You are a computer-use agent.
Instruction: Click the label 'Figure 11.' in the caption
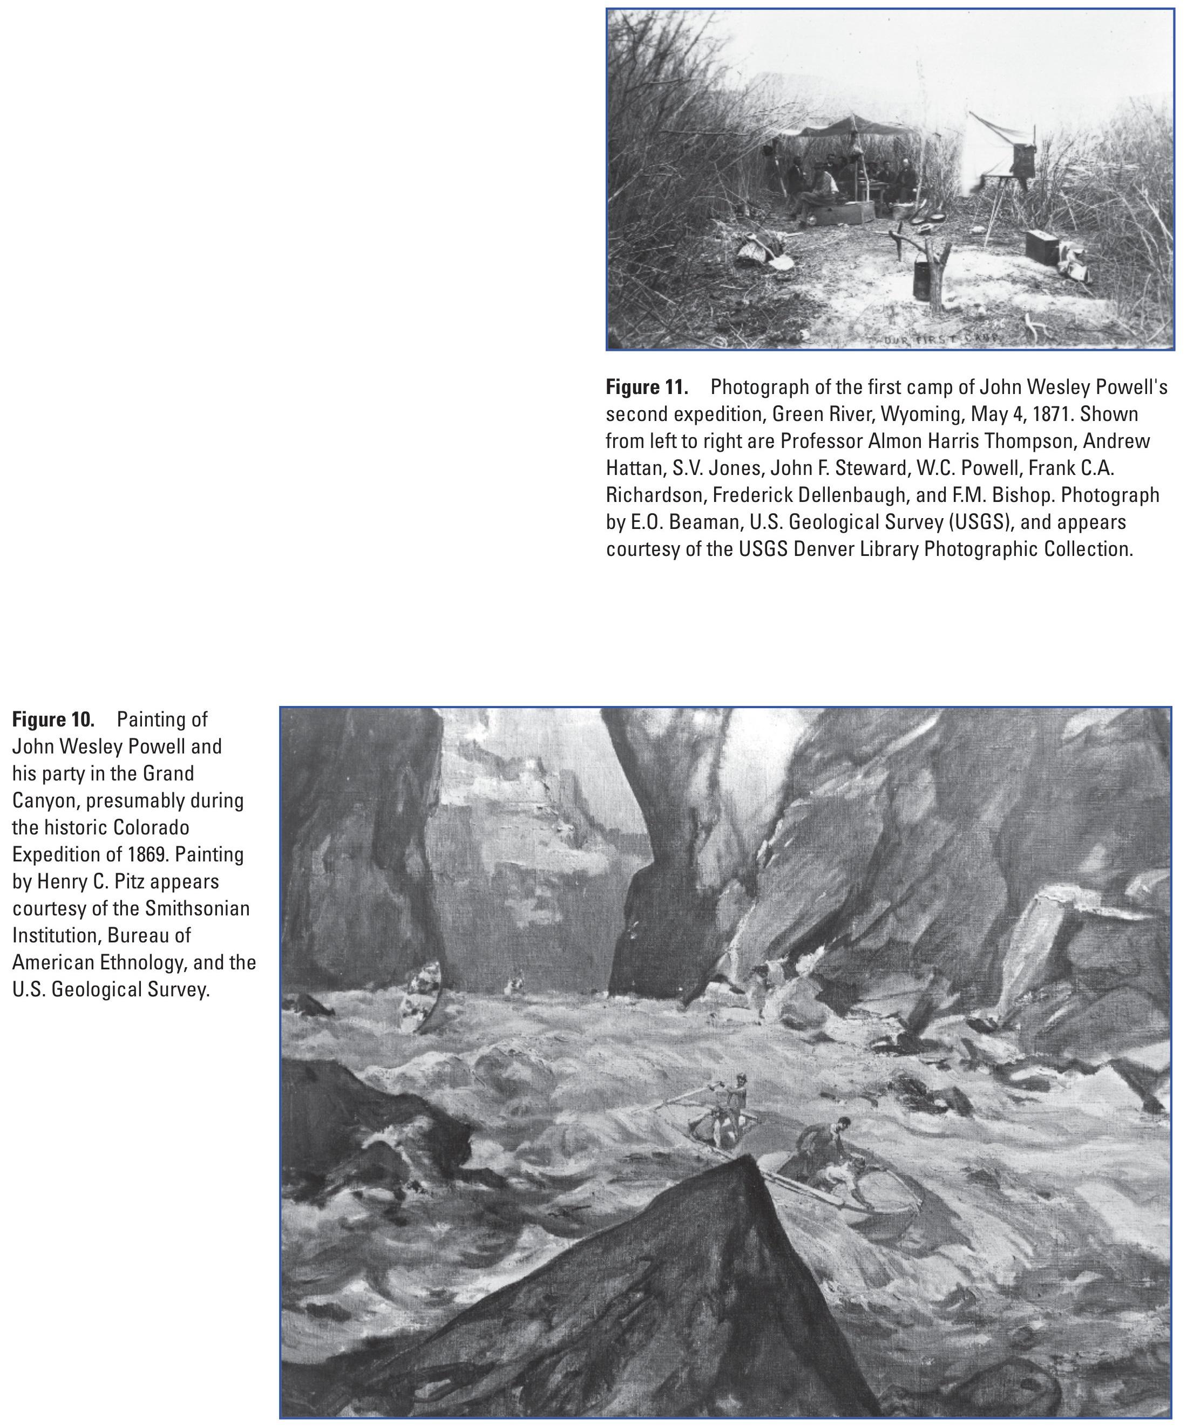point(647,388)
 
